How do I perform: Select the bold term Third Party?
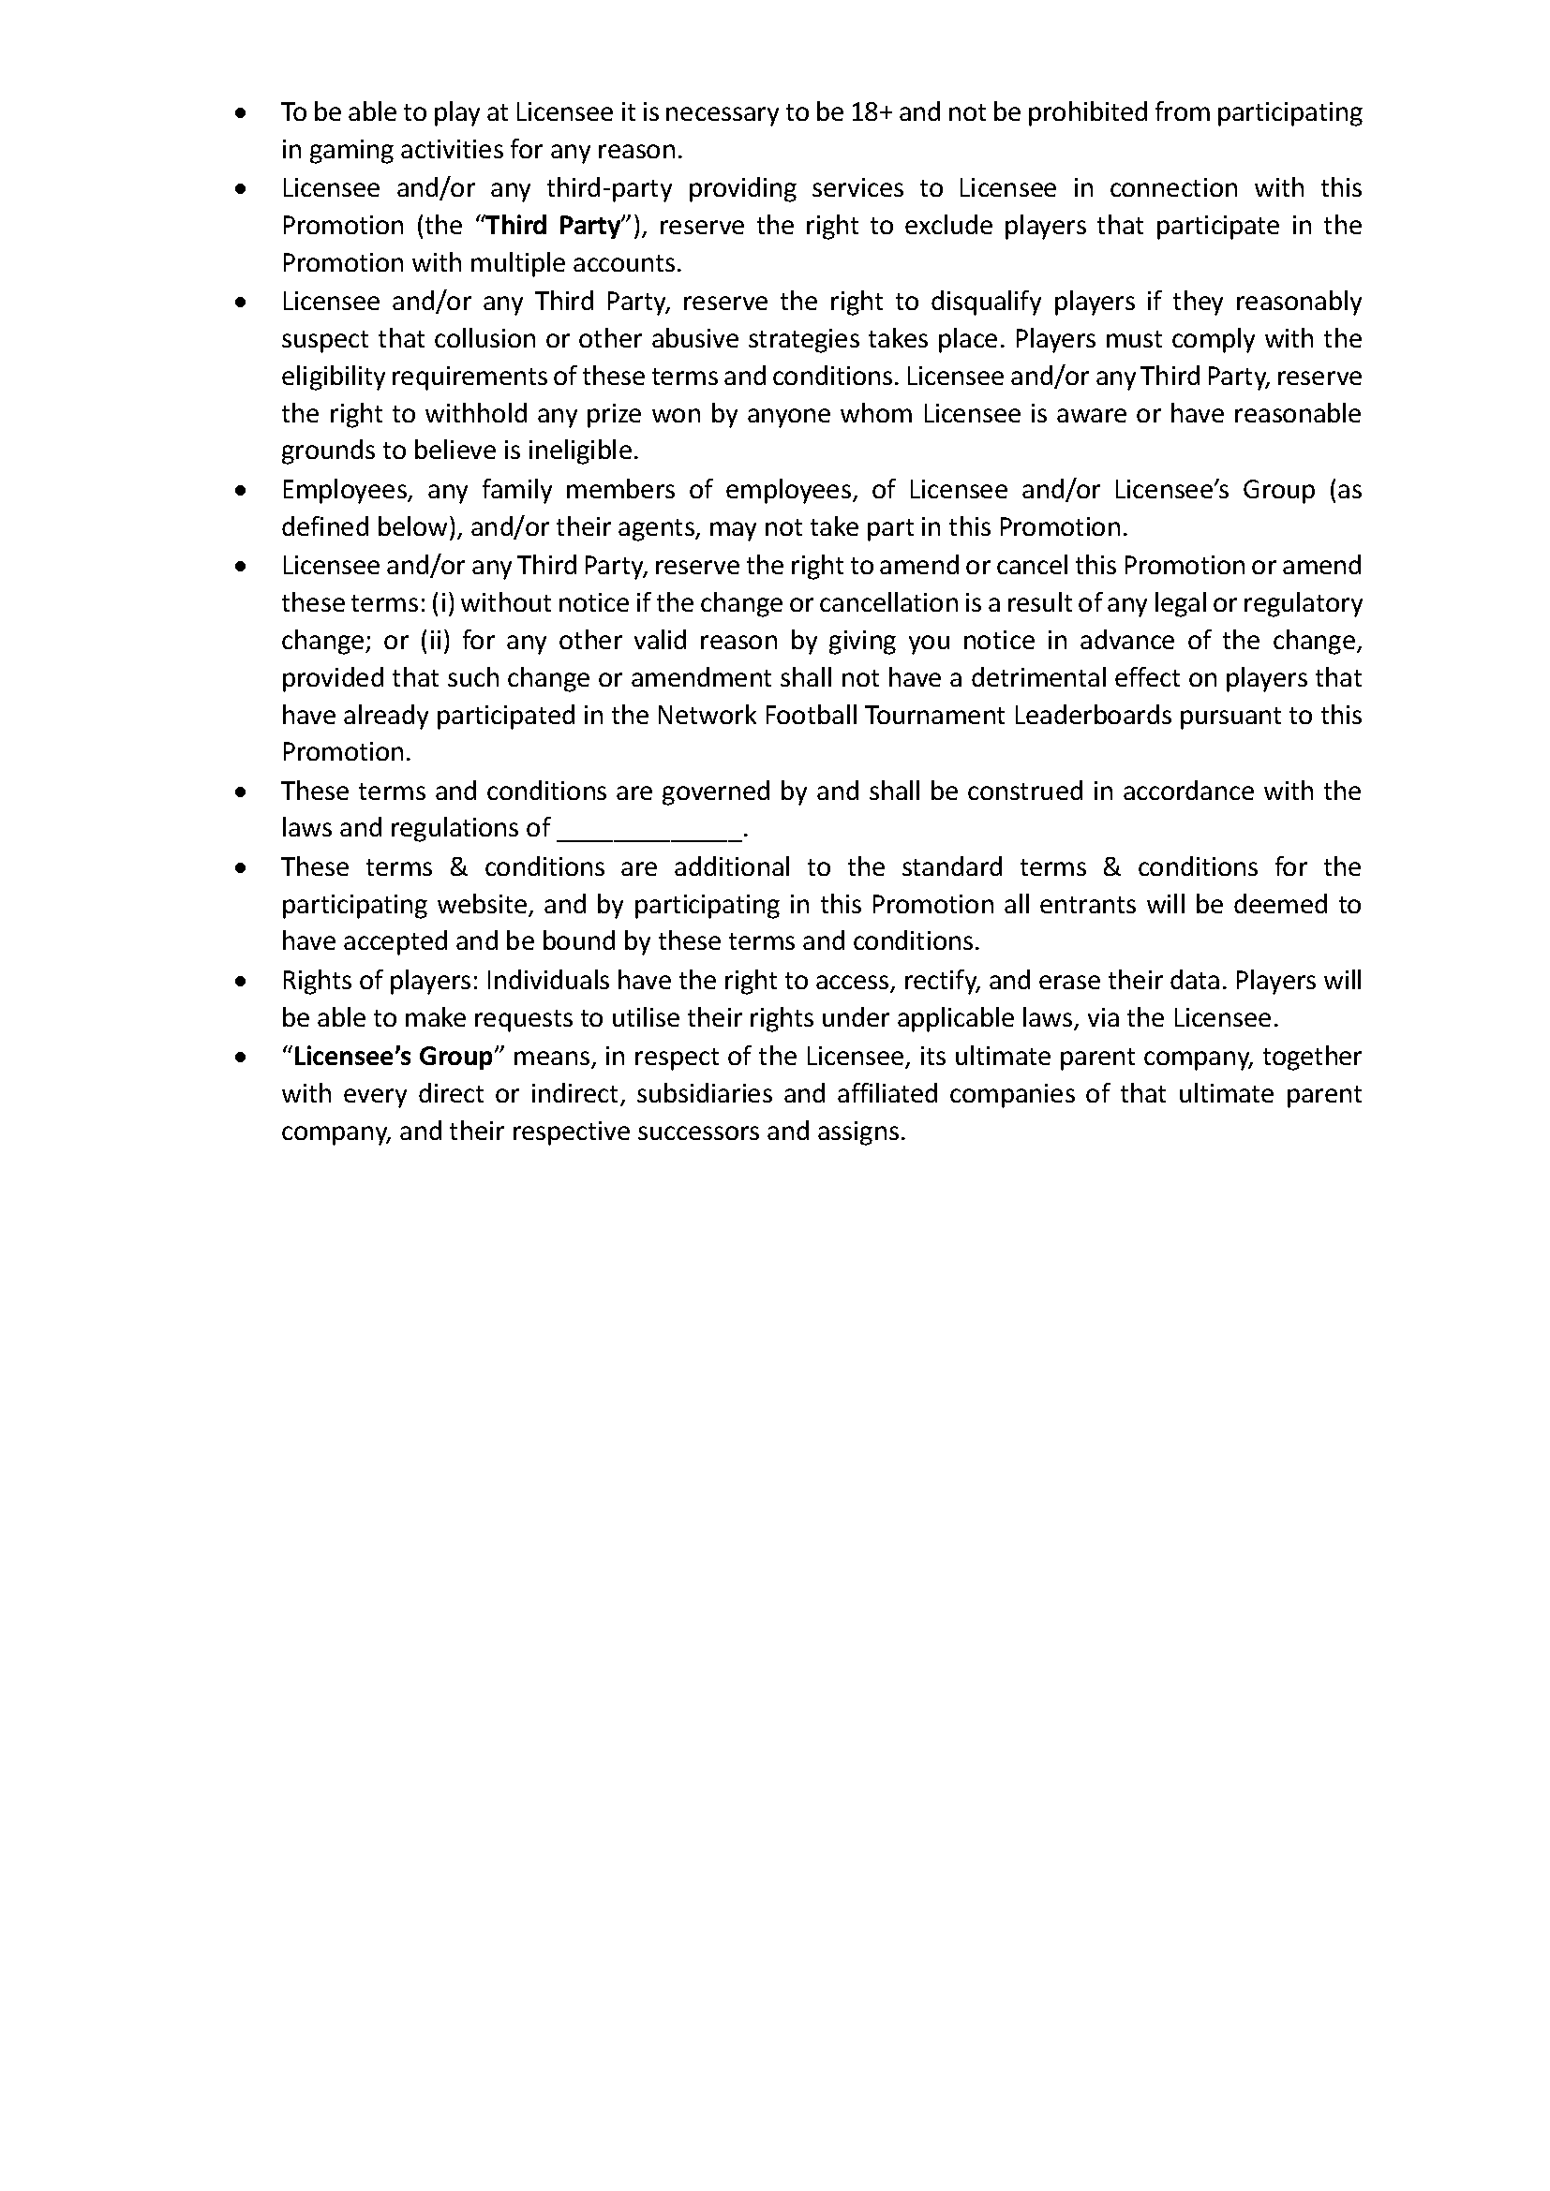[x=556, y=226]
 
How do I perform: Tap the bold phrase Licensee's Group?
[x=394, y=1057]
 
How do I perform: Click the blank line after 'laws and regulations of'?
[x=649, y=828]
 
